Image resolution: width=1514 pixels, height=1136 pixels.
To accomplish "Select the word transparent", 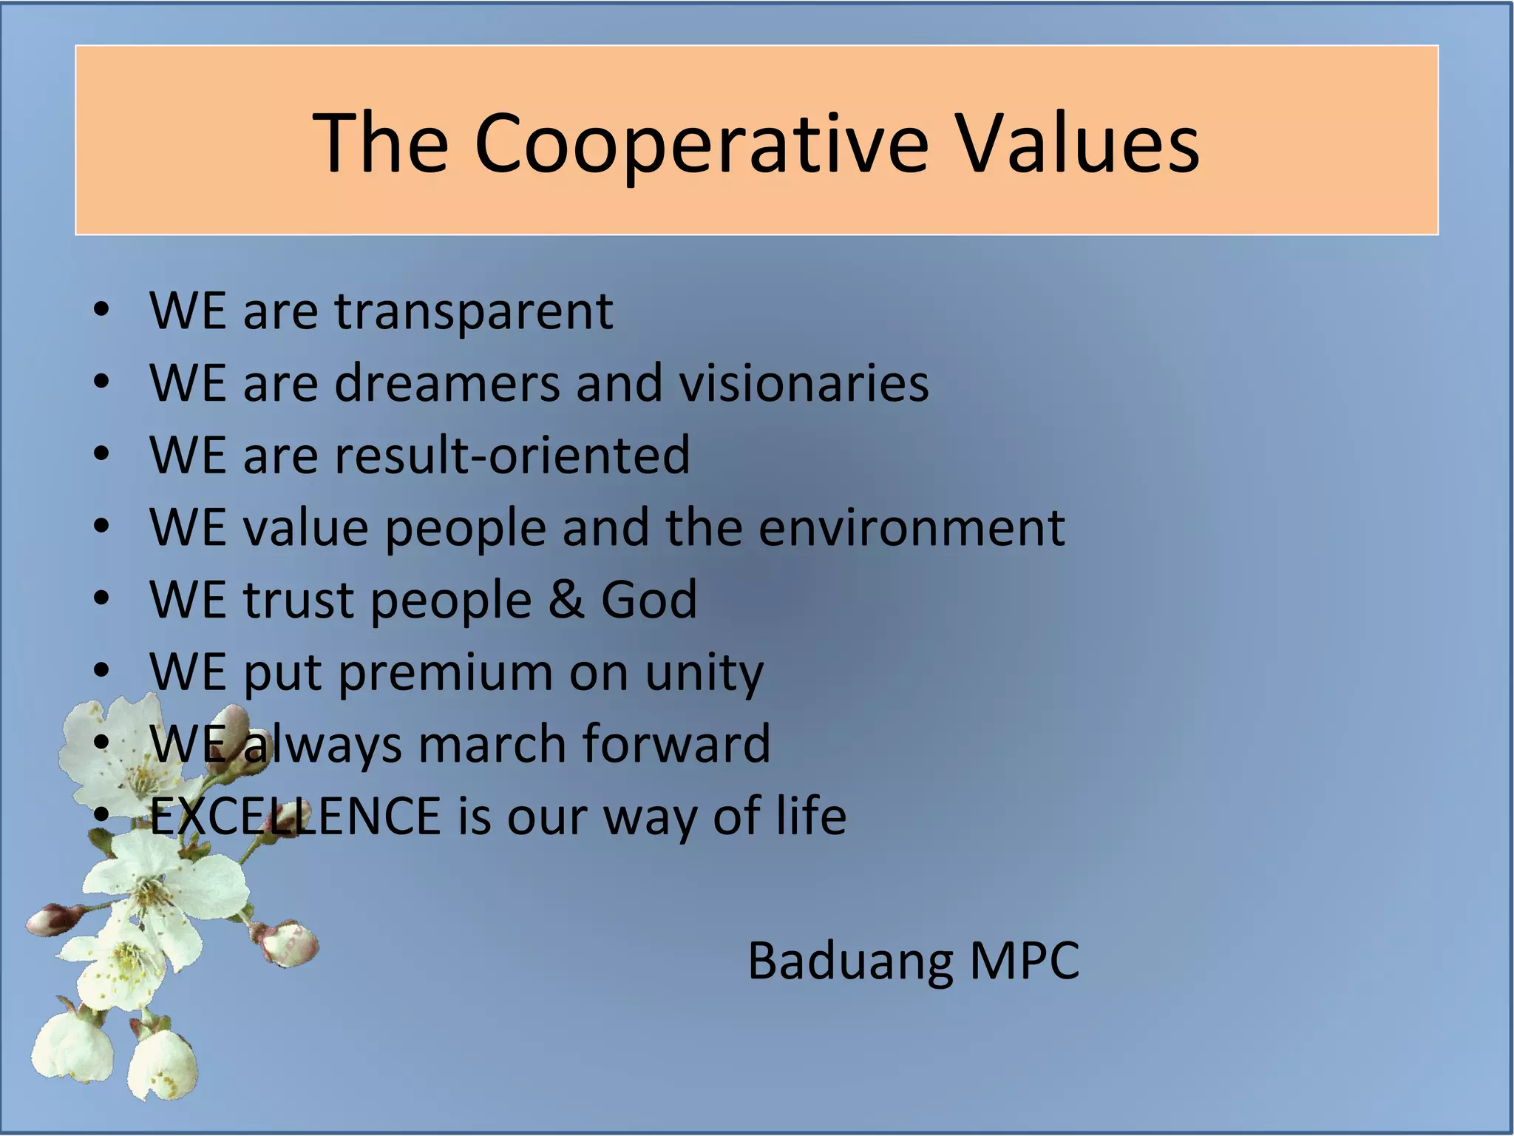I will (474, 312).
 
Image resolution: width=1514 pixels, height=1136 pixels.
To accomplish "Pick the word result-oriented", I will (512, 455).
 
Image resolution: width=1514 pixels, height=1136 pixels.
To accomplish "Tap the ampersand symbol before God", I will (566, 599).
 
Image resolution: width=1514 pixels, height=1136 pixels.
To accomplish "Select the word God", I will (648, 599).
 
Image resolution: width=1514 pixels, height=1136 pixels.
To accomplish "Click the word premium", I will (445, 673).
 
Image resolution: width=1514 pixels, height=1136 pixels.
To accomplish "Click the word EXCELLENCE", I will (295, 816).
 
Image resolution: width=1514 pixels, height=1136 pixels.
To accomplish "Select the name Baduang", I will (850, 961).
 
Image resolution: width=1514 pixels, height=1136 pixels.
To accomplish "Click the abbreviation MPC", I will (1024, 961).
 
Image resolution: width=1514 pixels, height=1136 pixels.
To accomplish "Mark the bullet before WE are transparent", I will (101, 311).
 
